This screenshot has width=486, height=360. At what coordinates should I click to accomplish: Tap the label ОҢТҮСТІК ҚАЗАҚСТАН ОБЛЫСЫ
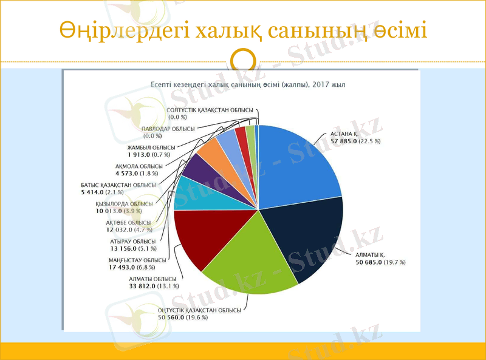(199, 310)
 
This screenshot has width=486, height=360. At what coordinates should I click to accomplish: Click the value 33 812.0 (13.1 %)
(145, 285)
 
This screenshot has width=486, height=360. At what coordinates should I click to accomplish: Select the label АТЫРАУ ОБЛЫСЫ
(133, 242)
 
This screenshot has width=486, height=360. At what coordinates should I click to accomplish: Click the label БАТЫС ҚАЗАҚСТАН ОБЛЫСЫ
(118, 185)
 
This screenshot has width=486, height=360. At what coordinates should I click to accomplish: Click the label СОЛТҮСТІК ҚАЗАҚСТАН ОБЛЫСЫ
(210, 110)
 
